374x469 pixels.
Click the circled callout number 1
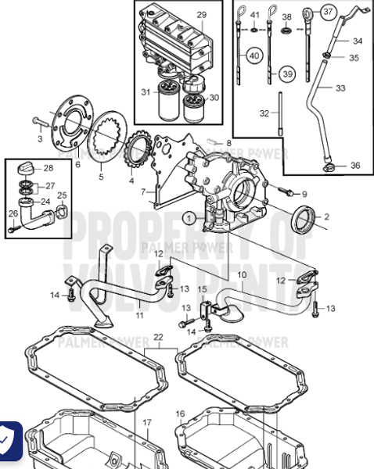coord(188,218)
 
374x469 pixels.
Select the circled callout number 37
coord(328,12)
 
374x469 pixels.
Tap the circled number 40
coord(254,55)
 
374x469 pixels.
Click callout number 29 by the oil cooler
coord(201,15)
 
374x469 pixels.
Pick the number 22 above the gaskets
coord(158,337)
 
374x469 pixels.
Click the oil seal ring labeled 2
coord(301,220)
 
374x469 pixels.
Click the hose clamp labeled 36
coord(328,166)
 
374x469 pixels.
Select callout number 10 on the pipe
coord(242,275)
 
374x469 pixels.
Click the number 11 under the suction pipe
coord(139,315)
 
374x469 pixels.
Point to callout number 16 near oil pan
coord(180,414)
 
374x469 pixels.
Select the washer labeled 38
coord(286,30)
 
